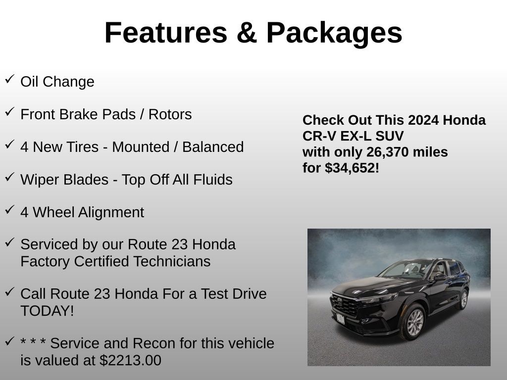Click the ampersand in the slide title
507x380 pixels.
click(x=247, y=33)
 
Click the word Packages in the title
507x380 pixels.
click(x=334, y=33)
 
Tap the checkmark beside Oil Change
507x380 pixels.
click(x=10, y=79)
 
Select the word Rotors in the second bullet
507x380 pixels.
click(x=170, y=114)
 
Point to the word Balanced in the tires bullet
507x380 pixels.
click(x=213, y=147)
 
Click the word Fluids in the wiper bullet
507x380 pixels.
click(x=213, y=180)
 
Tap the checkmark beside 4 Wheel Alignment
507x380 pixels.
click(x=10, y=209)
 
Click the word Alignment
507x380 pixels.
click(x=111, y=213)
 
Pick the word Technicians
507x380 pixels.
click(x=172, y=261)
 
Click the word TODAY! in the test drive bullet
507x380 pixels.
click(x=47, y=311)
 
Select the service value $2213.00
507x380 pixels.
click(x=130, y=360)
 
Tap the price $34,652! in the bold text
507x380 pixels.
click(x=352, y=168)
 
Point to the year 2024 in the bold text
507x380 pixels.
click(x=423, y=120)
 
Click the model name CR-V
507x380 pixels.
click(x=319, y=136)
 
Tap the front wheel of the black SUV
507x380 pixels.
click(x=413, y=322)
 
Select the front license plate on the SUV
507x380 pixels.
click(x=340, y=319)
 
